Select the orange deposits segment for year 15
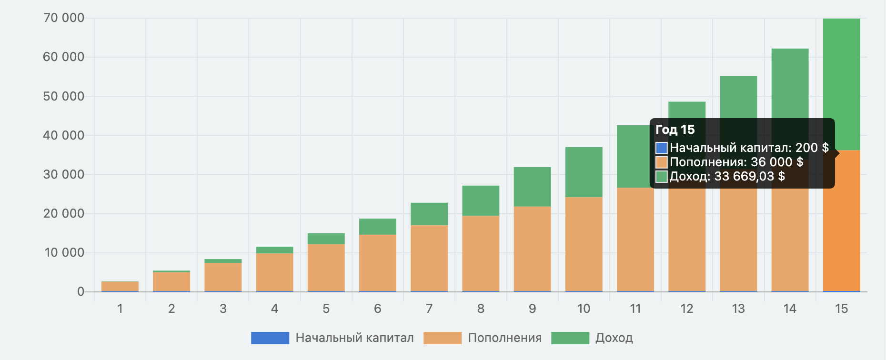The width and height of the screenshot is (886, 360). pos(841,224)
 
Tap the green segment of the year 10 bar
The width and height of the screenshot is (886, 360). pos(584,172)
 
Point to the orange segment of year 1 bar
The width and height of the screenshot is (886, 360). pos(120,286)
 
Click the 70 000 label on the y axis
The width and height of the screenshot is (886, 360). pos(64,18)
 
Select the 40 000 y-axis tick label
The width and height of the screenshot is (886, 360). pos(64,135)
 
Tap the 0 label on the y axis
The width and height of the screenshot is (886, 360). pos(81,291)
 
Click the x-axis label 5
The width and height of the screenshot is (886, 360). pos(326,309)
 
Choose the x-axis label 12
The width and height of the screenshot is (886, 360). pos(686,309)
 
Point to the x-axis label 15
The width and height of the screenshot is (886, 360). pos(841,309)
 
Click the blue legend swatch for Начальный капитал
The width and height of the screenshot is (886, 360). pos(270,338)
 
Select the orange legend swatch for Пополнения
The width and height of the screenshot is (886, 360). pos(442,338)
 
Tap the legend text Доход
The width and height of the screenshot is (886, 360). pos(614,338)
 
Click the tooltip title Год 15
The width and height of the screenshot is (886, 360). pos(675,130)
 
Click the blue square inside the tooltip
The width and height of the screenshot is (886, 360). pos(661,148)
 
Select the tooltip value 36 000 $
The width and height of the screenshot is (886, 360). pos(776,162)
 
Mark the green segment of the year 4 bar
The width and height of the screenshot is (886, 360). pos(274,250)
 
